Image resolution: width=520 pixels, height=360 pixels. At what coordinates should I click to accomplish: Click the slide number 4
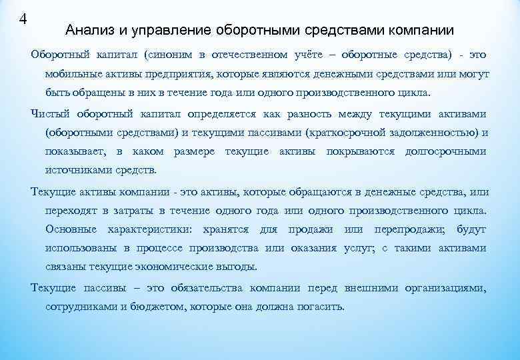pyautogui.click(x=23, y=18)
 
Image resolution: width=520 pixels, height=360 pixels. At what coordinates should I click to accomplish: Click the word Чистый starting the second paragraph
pyautogui.click(x=51, y=113)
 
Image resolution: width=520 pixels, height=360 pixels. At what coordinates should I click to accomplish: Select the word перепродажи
pyautogui.click(x=413, y=230)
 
